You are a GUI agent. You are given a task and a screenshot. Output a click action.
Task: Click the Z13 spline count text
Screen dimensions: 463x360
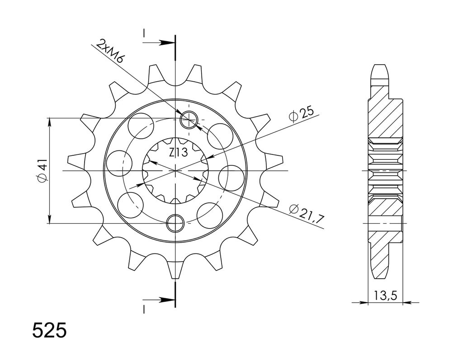[178, 152]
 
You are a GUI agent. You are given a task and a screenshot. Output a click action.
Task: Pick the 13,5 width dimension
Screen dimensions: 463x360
[385, 295]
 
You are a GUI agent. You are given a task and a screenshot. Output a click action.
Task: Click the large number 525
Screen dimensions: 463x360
[49, 331]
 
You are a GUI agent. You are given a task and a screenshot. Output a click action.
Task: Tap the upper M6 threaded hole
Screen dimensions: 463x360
[189, 120]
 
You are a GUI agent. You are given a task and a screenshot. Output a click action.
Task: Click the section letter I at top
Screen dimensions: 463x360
[144, 33]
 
